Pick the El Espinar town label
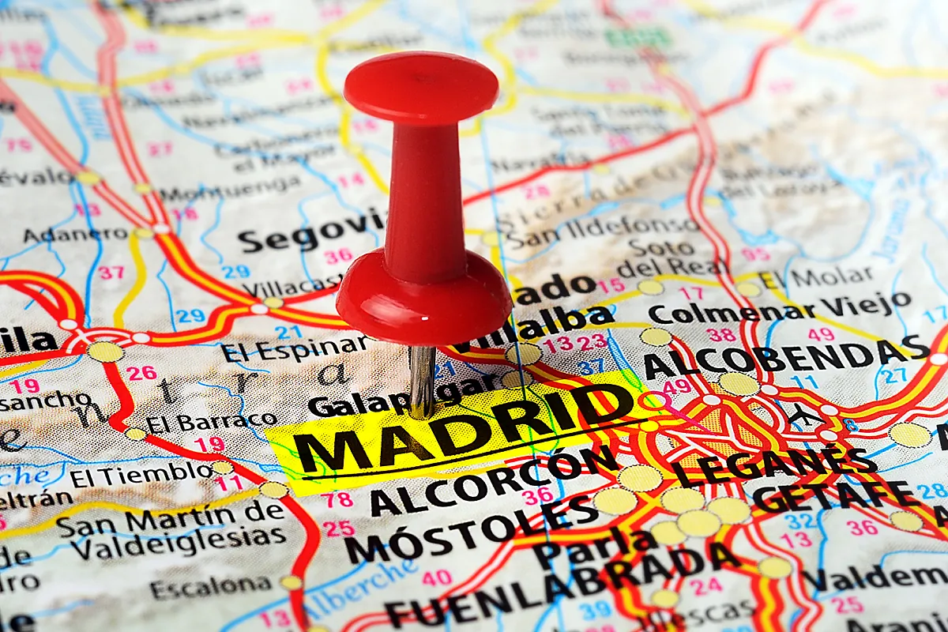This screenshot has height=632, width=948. tap(294, 348)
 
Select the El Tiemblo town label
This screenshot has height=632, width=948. tap(141, 475)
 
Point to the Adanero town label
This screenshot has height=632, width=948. tap(75, 235)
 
